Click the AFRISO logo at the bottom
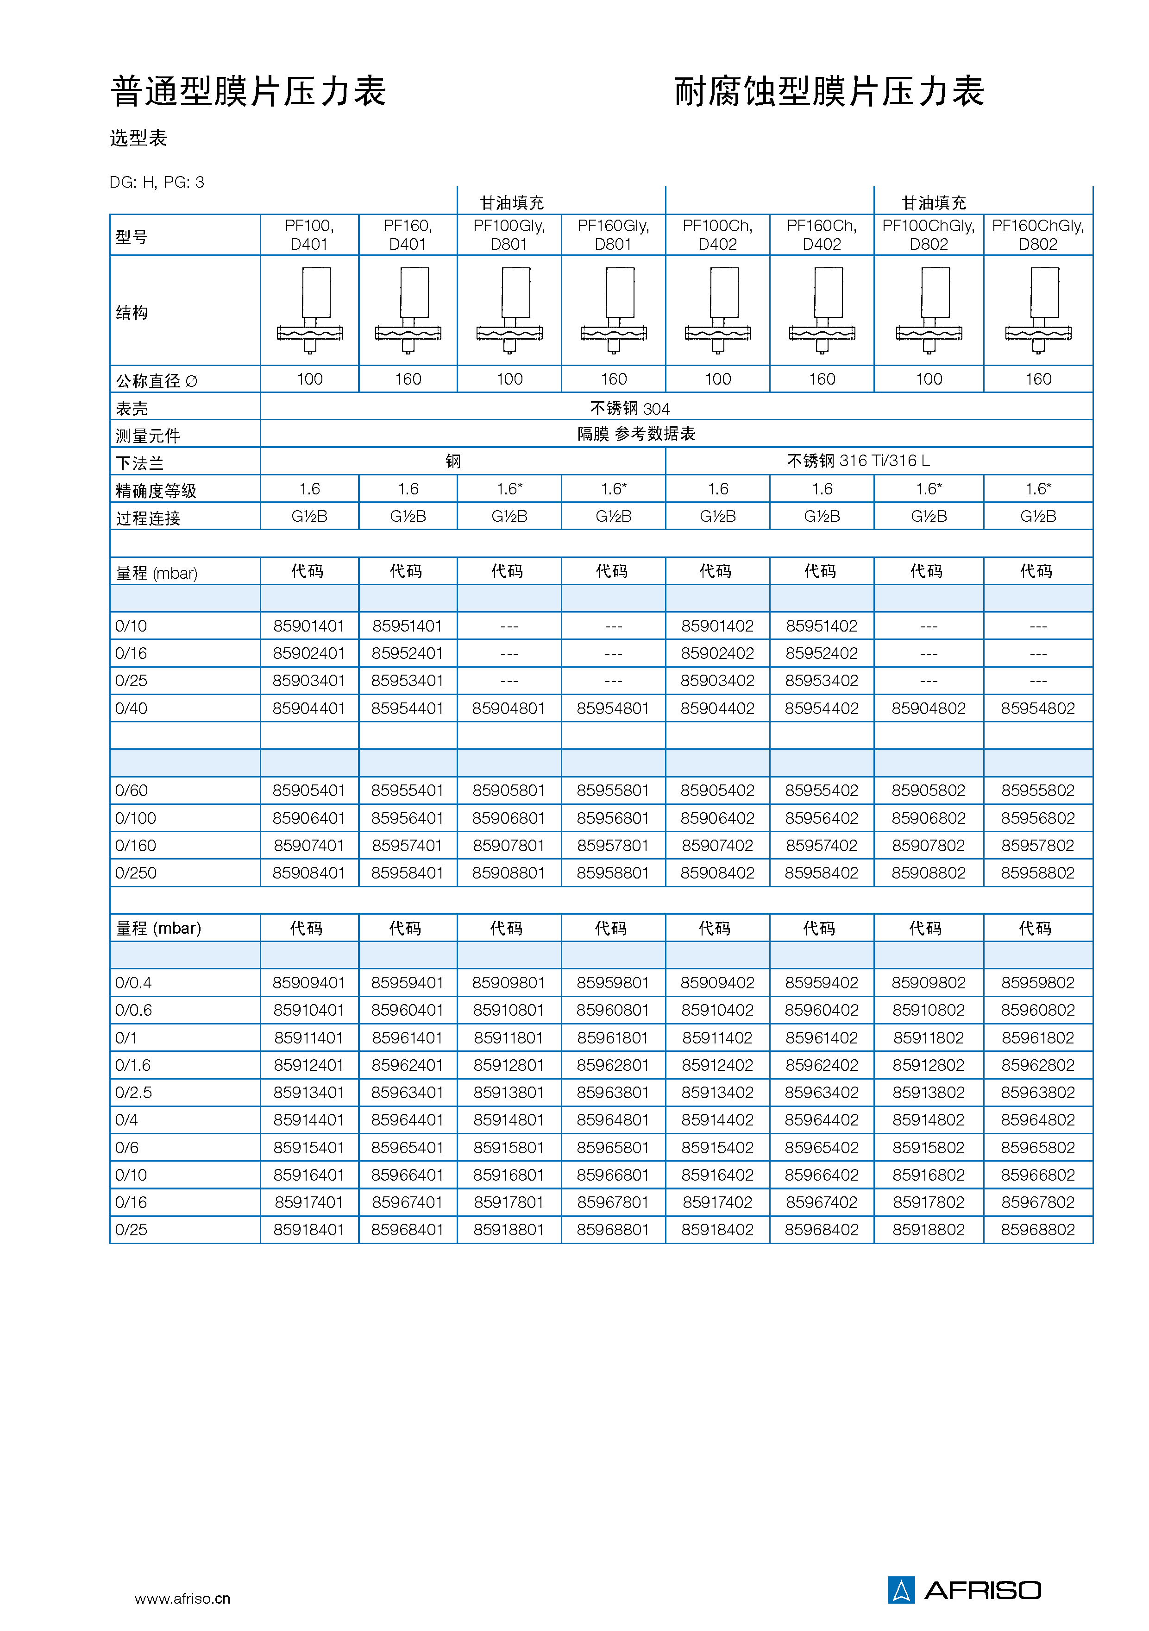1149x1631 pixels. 964,1589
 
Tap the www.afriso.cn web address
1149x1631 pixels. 182,1598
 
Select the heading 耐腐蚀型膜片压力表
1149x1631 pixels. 829,92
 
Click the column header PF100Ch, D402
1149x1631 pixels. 717,235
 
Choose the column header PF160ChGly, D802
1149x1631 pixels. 1037,235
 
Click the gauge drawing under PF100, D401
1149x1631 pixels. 310,310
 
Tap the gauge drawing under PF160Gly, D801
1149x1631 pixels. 614,310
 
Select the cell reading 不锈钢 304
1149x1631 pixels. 630,409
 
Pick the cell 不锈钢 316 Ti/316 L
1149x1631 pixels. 858,461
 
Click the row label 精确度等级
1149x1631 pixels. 156,490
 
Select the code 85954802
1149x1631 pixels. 1037,708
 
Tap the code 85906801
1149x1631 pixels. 509,818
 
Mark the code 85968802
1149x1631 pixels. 1037,1230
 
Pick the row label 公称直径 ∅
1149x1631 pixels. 156,381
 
